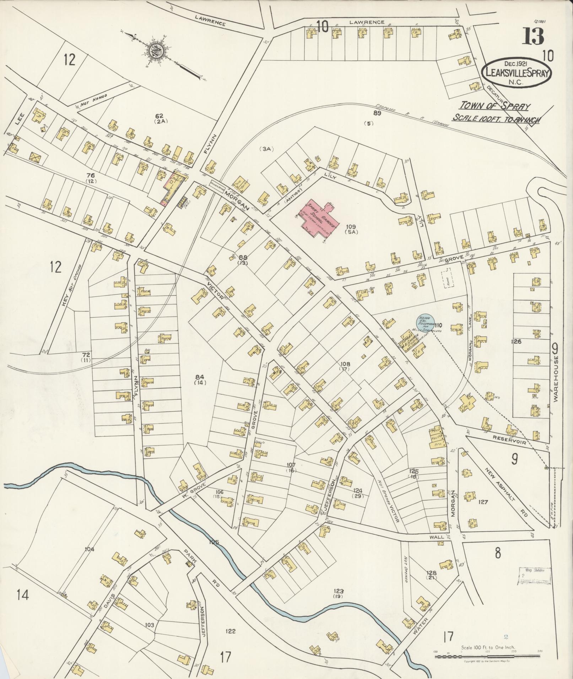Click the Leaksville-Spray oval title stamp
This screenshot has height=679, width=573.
pos(517,72)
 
